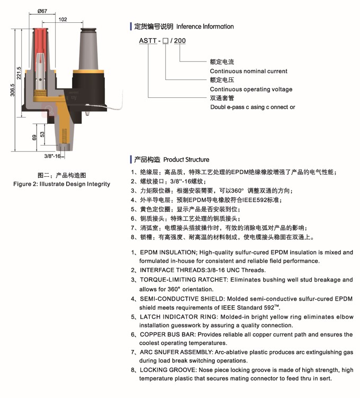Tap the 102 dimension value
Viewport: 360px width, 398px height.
pos(62,20)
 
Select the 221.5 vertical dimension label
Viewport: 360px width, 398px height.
pos(19,73)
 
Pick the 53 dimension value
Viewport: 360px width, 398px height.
pos(43,134)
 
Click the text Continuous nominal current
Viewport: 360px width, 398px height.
pos(248,71)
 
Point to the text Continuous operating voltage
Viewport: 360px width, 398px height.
pos(251,89)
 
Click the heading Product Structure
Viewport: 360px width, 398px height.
pos(186,159)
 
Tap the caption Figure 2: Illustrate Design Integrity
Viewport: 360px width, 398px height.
pos(61,184)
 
